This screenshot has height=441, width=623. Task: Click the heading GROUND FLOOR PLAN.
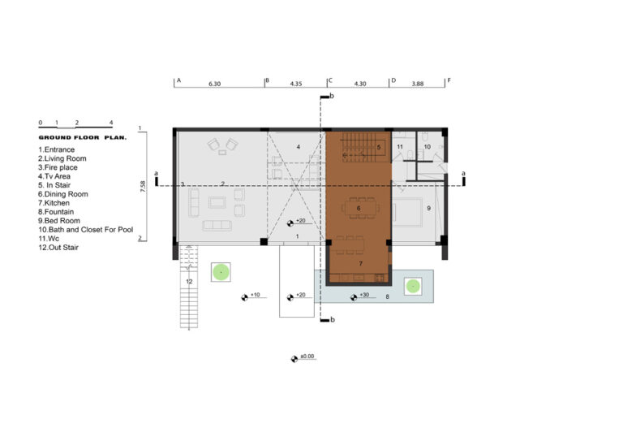coord(82,137)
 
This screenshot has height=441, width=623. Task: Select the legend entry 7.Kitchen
coord(54,203)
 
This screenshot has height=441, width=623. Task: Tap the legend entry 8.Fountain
coord(56,211)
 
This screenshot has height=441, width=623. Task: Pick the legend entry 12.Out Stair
coord(58,248)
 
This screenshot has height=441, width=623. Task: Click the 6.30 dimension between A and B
coord(214,84)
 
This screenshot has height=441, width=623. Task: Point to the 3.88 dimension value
coord(418,84)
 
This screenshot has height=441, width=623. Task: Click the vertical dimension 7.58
coord(143,187)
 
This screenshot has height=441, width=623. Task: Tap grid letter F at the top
coord(449,80)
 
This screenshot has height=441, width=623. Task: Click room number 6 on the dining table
coord(359,209)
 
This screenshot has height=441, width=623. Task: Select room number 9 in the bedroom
coord(428,208)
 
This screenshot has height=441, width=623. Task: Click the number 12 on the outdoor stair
coord(189,282)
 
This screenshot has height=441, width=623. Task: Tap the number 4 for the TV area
coord(299,147)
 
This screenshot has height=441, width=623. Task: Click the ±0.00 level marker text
coord(307,357)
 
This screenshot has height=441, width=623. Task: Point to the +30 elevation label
coord(364,295)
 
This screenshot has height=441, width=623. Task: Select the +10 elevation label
coord(255,295)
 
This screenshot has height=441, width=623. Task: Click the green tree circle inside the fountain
coord(413,286)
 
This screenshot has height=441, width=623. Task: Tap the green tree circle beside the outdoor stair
coord(221,272)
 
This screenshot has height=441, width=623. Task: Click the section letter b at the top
coord(332,96)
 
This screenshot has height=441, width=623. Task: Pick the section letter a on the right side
coord(463,173)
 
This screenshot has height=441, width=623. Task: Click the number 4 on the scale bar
coord(111,123)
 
